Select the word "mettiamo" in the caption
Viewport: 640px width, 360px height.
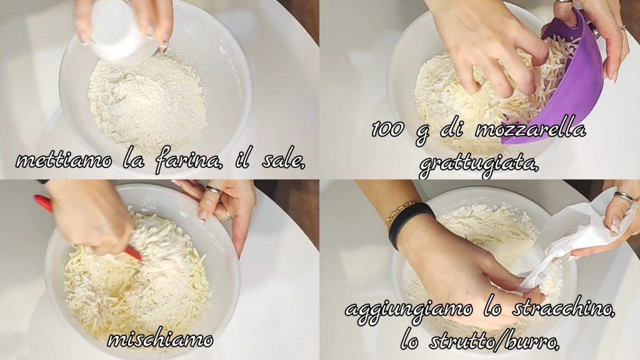pyautogui.click(x=63, y=161)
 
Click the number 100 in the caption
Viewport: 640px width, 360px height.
pyautogui.click(x=387, y=130)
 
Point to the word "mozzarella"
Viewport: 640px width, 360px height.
pyautogui.click(x=530, y=130)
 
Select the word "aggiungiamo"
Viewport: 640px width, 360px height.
pyautogui.click(x=409, y=311)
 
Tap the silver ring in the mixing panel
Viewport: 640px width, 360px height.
pyautogui.click(x=214, y=190)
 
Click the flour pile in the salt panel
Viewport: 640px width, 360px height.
pyautogui.click(x=147, y=102)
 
